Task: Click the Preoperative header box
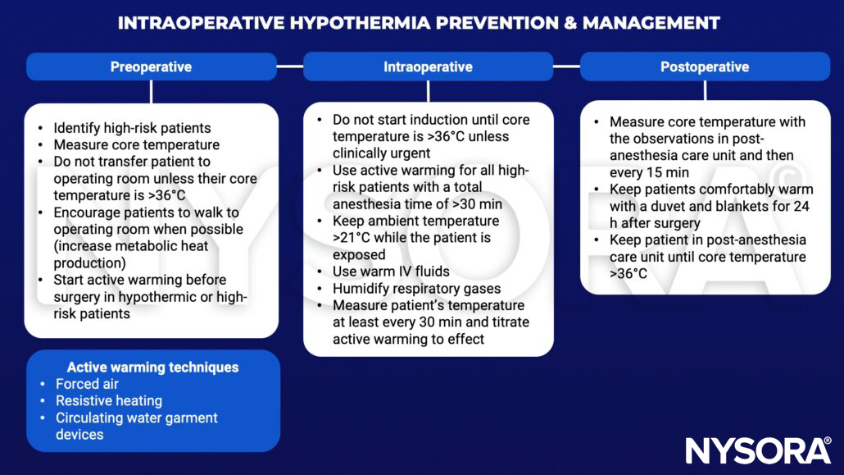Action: tap(151, 67)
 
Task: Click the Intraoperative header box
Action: tap(428, 67)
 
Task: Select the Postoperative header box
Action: tap(705, 67)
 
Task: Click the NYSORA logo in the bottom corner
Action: tap(758, 450)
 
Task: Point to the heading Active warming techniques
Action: tap(152, 367)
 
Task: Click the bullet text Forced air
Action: tap(87, 384)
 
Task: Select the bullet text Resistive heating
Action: tap(108, 401)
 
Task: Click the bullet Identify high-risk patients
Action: tap(132, 128)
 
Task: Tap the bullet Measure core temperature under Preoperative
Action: tap(136, 145)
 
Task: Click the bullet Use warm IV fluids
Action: tap(391, 272)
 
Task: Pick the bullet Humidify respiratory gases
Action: tap(416, 289)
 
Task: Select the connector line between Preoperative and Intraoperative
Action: tap(289, 66)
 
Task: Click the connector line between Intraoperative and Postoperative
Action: tap(566, 66)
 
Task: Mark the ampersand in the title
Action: tap(567, 23)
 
